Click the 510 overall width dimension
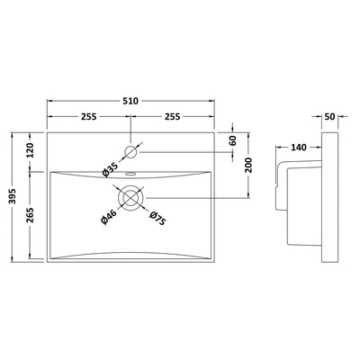(130, 101)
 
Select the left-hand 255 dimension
(88, 116)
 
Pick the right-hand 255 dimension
(172, 116)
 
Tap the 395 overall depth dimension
(13, 196)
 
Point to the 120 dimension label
(31, 151)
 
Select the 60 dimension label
(233, 140)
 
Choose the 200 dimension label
(248, 165)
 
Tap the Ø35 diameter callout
(110, 170)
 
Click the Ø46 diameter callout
(108, 217)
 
